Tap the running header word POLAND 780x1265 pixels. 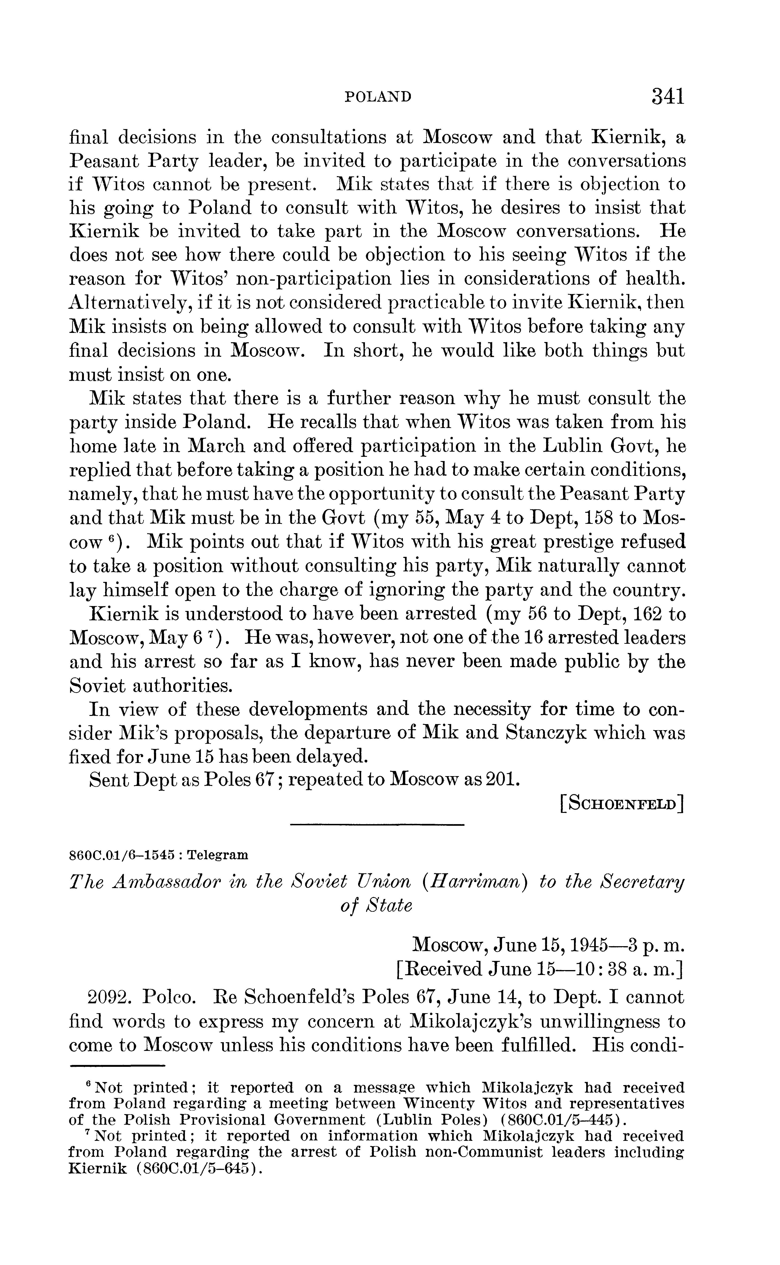tap(378, 97)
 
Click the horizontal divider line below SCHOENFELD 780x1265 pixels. tap(377, 826)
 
